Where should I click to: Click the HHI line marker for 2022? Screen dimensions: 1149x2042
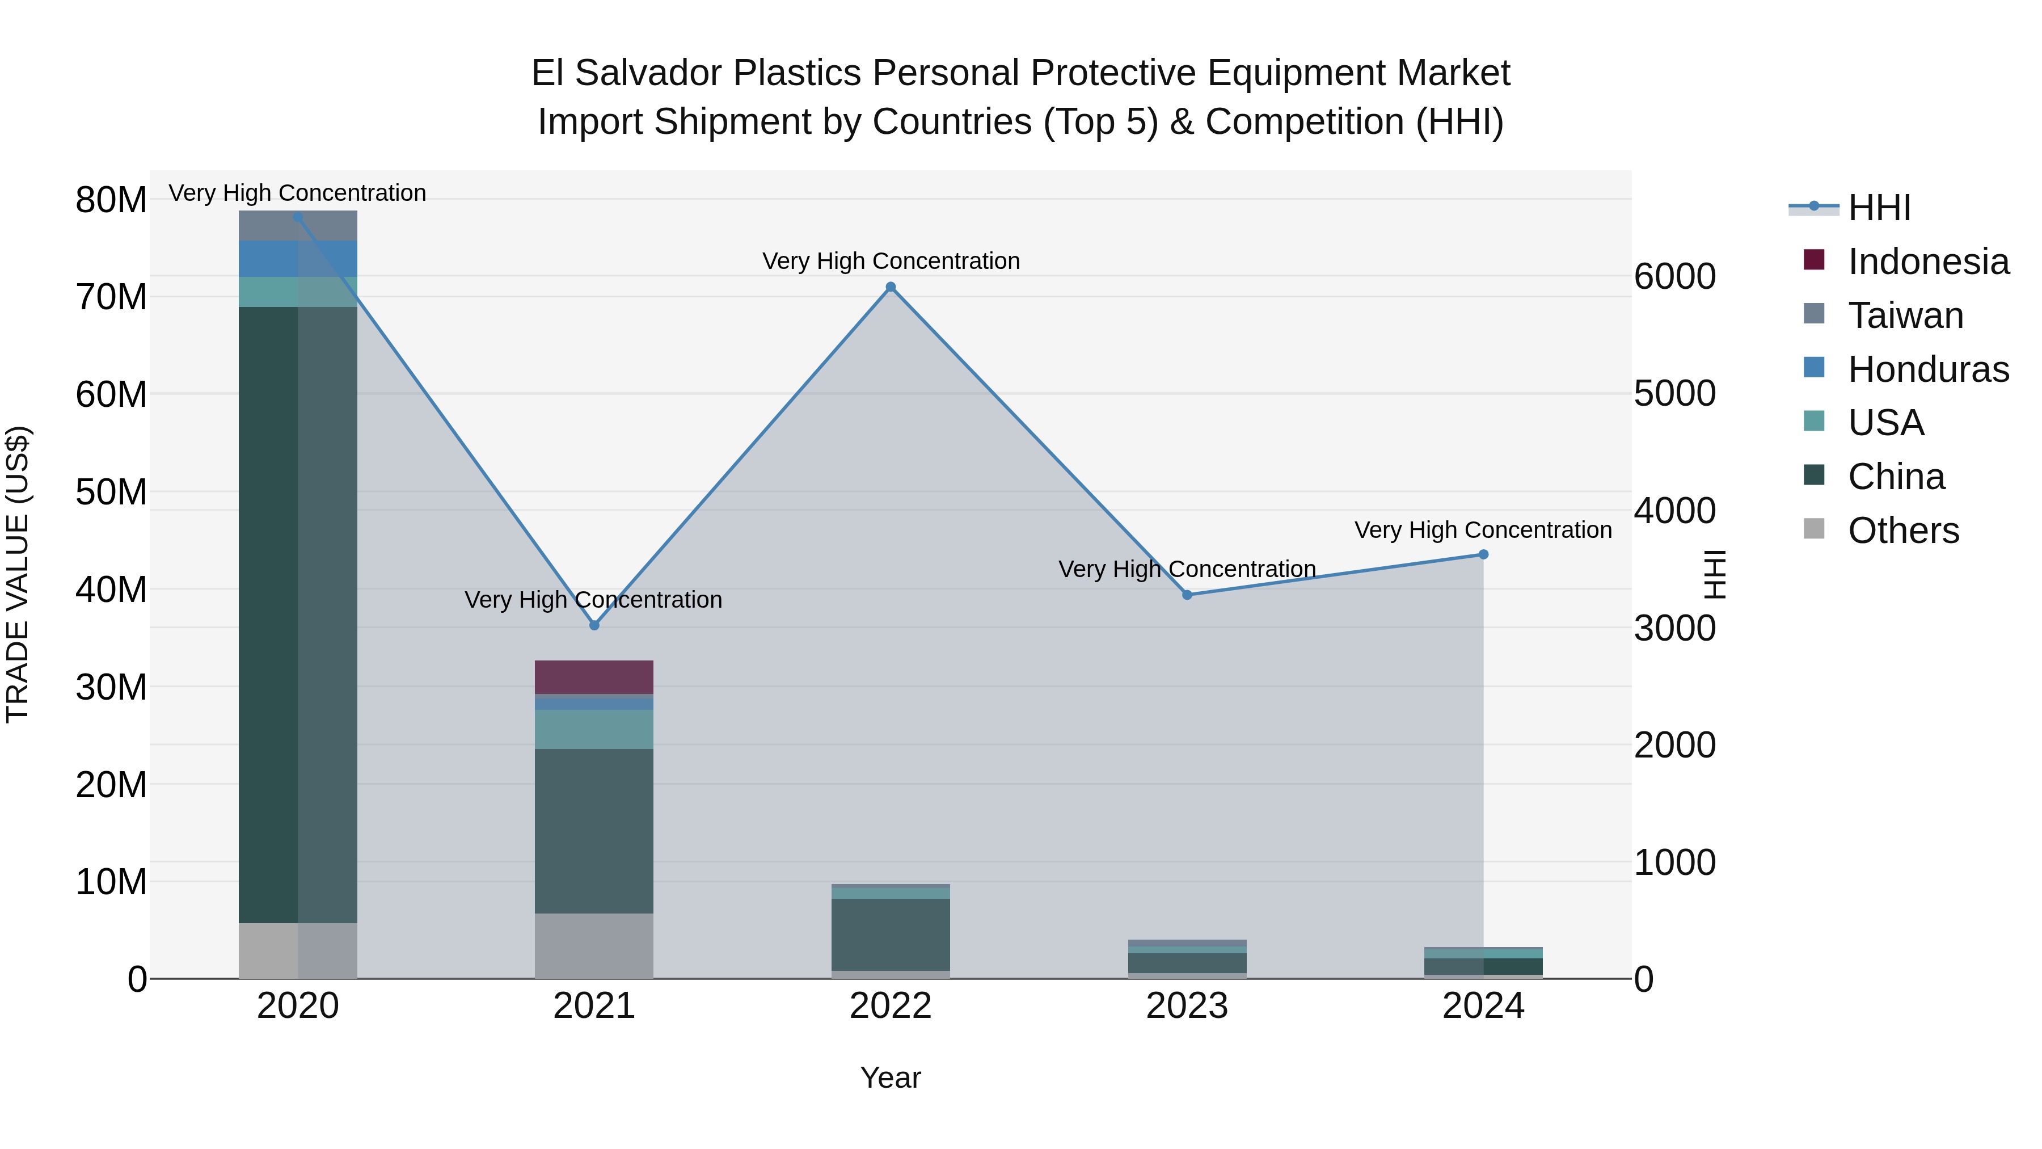890,287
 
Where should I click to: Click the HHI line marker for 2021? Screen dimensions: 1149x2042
594,625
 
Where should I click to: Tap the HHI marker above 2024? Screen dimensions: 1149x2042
1483,554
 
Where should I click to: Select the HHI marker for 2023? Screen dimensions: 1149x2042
1187,595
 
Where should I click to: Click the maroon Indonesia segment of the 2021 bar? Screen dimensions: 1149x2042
594,677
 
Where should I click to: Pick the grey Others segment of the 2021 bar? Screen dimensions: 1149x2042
594,945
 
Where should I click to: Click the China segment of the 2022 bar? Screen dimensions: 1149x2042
890,934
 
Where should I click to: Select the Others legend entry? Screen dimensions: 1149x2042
1902,531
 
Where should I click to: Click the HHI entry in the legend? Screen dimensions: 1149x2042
1879,208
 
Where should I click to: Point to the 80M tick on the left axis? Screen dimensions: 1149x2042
111,200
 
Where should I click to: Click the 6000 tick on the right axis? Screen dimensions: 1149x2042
1675,277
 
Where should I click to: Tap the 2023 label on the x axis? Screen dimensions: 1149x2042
1187,1006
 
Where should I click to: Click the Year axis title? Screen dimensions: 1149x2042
890,1078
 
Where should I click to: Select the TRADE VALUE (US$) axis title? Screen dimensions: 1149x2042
18,574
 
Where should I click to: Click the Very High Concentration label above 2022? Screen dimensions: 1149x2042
890,261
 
